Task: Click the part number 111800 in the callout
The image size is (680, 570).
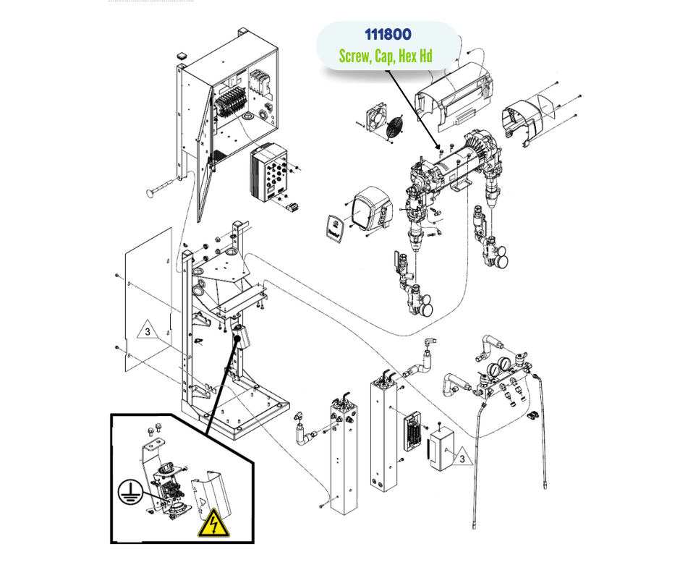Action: tap(388, 35)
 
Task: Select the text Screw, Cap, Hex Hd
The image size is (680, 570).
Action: tap(386, 56)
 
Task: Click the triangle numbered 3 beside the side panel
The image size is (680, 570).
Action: tap(147, 332)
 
